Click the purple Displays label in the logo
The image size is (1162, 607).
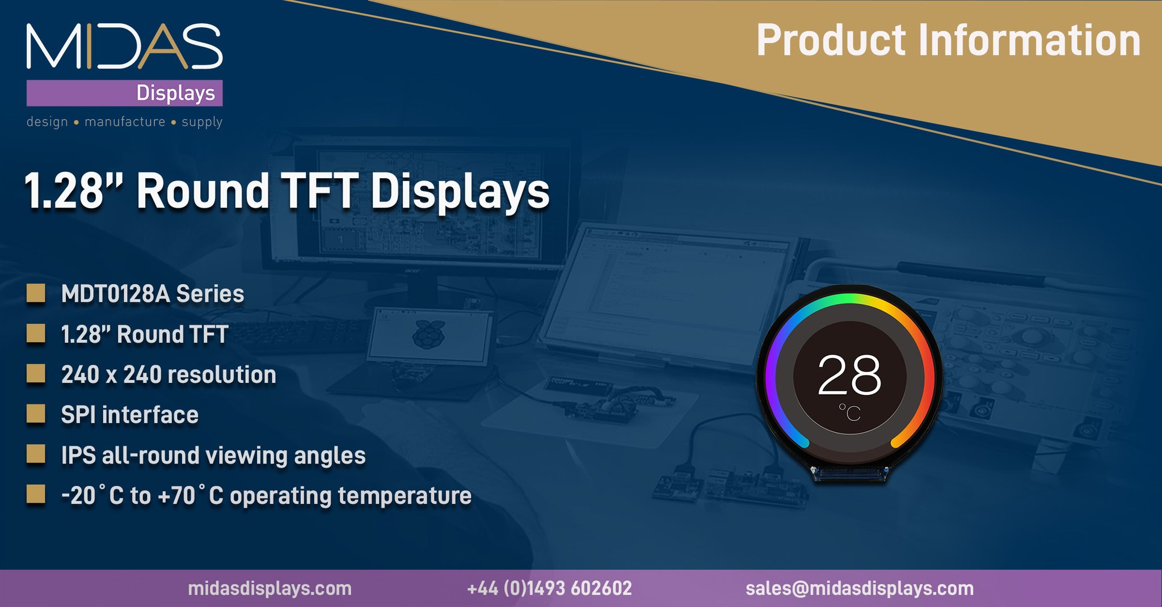tap(175, 93)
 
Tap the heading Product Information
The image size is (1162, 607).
tap(948, 40)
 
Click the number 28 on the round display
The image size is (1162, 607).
tap(849, 376)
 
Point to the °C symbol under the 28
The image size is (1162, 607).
tap(850, 412)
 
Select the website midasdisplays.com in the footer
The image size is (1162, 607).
tap(270, 588)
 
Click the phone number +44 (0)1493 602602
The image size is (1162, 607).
tap(549, 588)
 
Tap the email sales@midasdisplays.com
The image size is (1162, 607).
tap(860, 588)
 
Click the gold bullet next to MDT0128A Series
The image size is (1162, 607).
tap(36, 293)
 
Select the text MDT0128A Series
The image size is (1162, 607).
tap(153, 294)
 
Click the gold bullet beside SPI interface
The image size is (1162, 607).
tap(36, 414)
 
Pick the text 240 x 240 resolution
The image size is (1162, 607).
tap(169, 375)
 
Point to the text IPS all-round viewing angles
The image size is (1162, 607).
tap(213, 456)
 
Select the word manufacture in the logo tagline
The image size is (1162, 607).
tap(125, 122)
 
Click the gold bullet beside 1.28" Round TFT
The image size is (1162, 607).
tap(36, 334)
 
